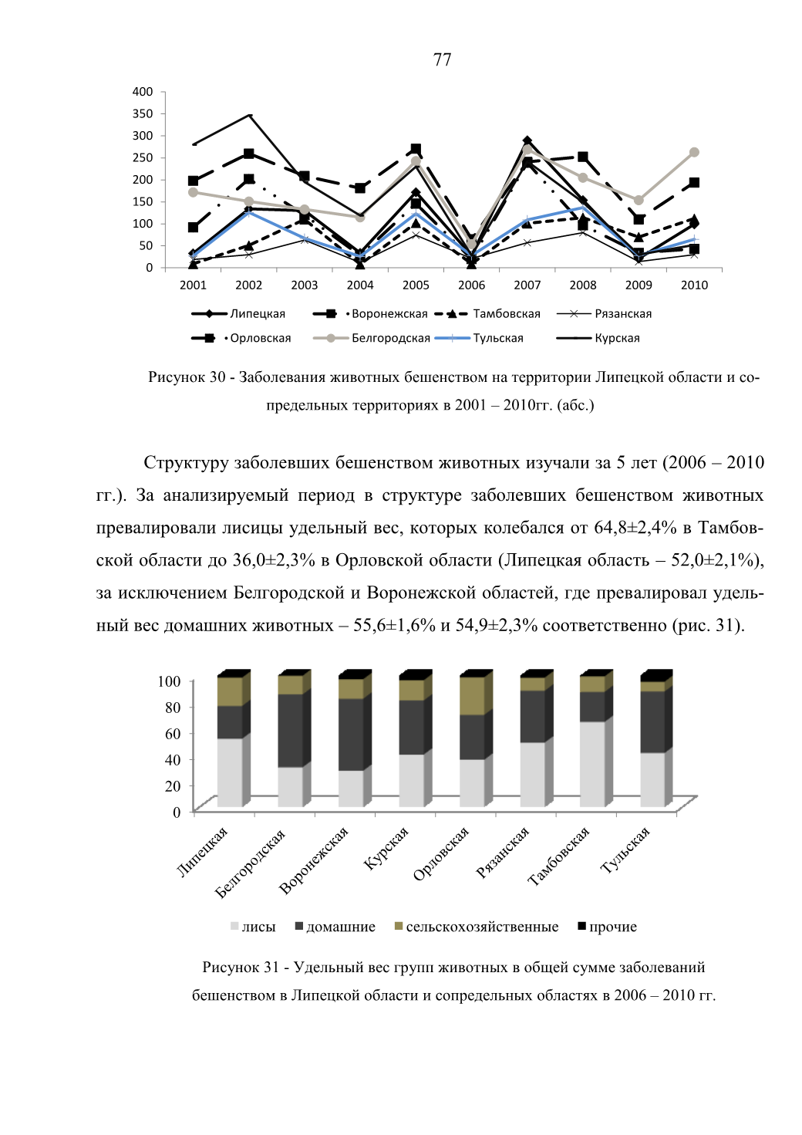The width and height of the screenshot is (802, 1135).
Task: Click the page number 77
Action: click(x=442, y=59)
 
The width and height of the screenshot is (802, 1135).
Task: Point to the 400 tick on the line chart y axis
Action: click(x=142, y=92)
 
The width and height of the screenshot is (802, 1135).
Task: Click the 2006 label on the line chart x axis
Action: click(x=471, y=285)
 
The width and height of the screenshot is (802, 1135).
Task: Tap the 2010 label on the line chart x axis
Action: click(x=694, y=285)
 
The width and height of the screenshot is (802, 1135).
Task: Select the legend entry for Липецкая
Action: click(x=238, y=313)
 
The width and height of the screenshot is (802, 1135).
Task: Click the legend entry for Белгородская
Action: click(x=372, y=338)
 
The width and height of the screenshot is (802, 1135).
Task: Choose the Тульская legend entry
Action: click(x=479, y=338)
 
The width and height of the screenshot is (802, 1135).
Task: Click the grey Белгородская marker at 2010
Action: click(x=694, y=153)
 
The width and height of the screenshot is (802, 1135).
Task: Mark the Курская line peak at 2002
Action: click(x=249, y=115)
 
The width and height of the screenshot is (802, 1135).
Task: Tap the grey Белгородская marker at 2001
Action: click(x=194, y=193)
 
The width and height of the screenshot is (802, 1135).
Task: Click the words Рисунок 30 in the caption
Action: click(x=187, y=377)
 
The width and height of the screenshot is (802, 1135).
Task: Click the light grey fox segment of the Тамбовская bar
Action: click(x=592, y=764)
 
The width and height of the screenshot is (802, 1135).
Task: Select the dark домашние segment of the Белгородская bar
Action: click(x=291, y=731)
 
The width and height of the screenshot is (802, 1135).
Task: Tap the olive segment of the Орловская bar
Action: click(x=472, y=696)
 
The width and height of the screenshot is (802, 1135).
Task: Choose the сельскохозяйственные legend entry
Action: click(x=477, y=927)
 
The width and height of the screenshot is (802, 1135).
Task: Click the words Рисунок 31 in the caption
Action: click(x=241, y=968)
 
